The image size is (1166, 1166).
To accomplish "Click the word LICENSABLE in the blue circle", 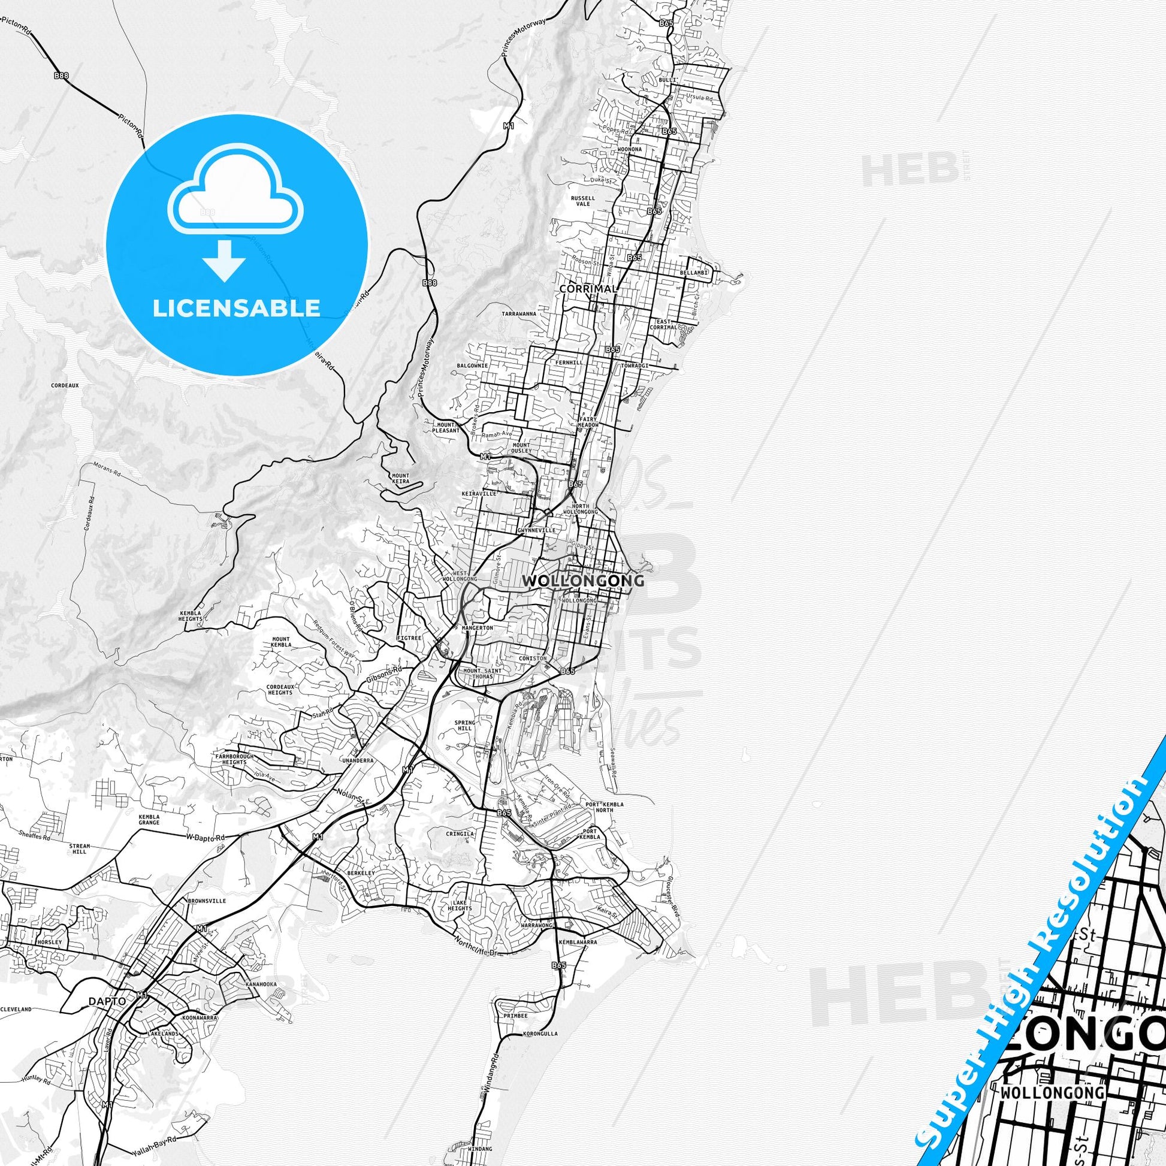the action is pos(236,308).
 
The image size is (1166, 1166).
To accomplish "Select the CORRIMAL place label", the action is pos(588,289).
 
